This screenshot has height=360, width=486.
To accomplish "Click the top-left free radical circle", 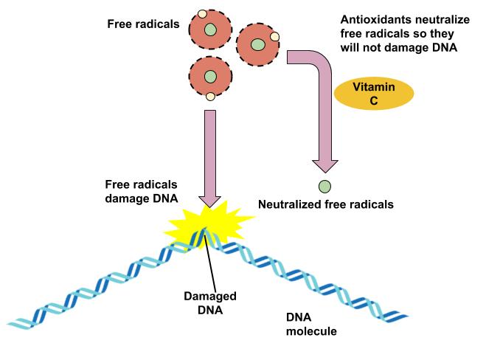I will tap(210, 30).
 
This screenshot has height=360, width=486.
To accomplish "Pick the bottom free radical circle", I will tap(210, 76).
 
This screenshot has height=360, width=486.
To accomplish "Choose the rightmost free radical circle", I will tap(258, 45).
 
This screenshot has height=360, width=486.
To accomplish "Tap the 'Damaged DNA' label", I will tap(210, 303).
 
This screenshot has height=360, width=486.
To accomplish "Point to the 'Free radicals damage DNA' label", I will tap(141, 191).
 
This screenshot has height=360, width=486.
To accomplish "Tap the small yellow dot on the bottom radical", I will tap(210, 96).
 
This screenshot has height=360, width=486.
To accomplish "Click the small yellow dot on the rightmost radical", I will tap(274, 35).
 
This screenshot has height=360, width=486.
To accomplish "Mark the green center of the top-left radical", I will tap(211, 30).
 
